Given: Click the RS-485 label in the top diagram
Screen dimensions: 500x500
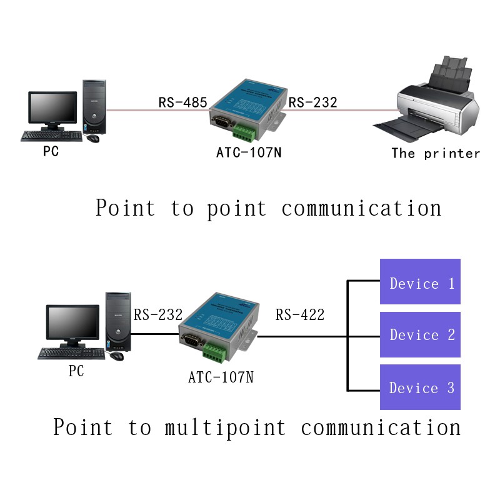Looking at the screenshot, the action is pyautogui.click(x=182, y=102).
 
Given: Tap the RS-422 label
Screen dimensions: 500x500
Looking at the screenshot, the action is pyautogui.click(x=300, y=315).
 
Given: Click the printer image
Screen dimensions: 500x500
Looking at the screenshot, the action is pyautogui.click(x=431, y=103).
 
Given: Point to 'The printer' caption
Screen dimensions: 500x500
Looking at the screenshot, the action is pyautogui.click(x=436, y=153).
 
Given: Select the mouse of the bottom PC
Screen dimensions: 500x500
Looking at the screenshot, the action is pyautogui.click(x=116, y=356).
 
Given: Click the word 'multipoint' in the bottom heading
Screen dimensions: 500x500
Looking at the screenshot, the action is pyautogui.click(x=226, y=428).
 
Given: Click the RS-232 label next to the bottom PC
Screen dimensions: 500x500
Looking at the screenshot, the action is pyautogui.click(x=158, y=315).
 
